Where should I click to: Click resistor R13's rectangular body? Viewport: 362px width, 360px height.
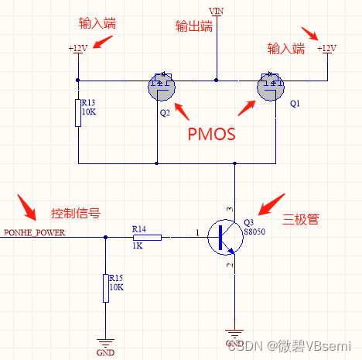78,113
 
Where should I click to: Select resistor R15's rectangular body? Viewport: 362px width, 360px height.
105,287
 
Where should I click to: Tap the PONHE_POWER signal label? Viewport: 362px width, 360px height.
35,231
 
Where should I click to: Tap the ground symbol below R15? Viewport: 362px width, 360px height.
105,341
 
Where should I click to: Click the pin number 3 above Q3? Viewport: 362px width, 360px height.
229,210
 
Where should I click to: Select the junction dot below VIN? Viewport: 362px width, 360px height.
217,79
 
